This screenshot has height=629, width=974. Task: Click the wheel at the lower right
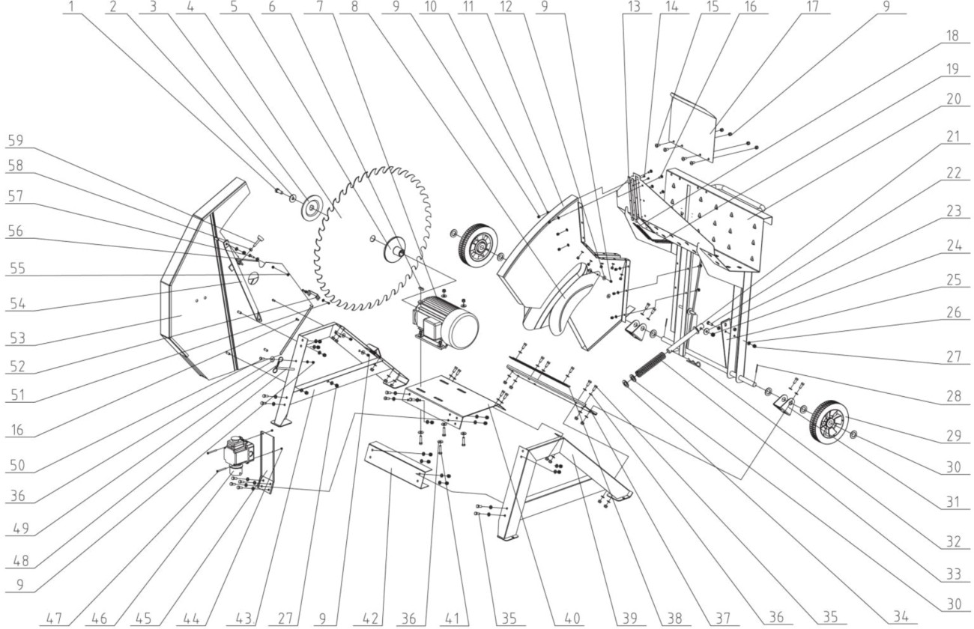(829, 421)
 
